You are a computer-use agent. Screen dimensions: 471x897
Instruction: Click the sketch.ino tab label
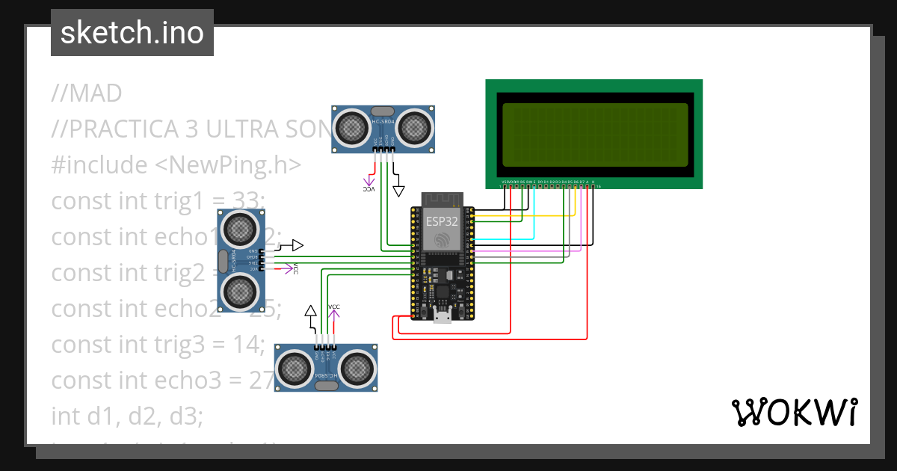(x=132, y=33)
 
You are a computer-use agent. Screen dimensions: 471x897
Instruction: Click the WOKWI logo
(x=793, y=412)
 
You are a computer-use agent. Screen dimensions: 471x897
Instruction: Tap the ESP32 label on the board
(x=441, y=221)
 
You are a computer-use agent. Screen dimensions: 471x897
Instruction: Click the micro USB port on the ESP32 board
(x=442, y=317)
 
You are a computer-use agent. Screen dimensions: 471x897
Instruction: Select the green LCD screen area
(x=594, y=135)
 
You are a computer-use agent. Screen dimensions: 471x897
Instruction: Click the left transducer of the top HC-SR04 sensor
(x=350, y=129)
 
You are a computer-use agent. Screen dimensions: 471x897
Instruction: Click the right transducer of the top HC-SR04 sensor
(x=415, y=129)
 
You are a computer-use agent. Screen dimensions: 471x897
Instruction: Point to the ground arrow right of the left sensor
(x=297, y=245)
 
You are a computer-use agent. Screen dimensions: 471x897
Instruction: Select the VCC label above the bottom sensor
(x=334, y=307)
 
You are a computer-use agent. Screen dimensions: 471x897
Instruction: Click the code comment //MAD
(x=86, y=93)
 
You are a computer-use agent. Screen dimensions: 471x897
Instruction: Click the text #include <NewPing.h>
(x=176, y=164)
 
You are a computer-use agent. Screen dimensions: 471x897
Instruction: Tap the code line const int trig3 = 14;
(x=158, y=345)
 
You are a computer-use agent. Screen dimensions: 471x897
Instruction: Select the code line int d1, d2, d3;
(x=127, y=416)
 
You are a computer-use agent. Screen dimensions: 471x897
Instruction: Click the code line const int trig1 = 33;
(x=158, y=200)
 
